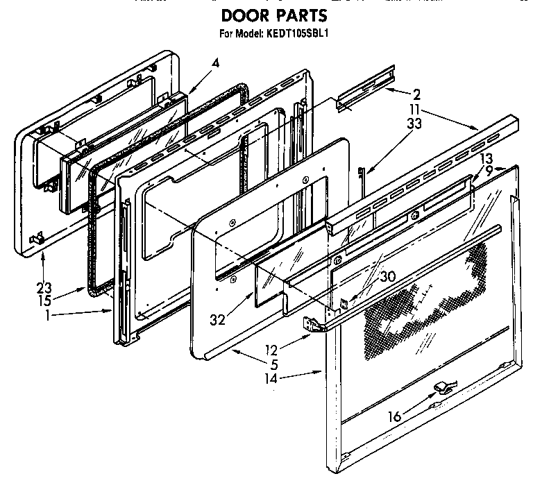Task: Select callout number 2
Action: click(x=416, y=96)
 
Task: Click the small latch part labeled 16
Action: click(x=441, y=386)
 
